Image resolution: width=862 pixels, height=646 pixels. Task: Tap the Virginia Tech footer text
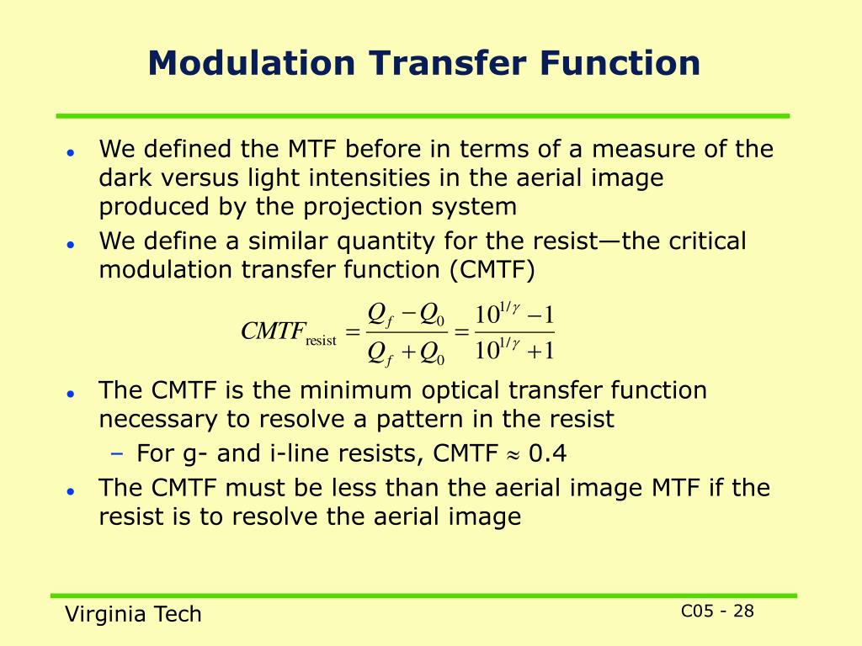(134, 614)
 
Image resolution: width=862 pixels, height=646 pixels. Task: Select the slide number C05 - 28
(717, 611)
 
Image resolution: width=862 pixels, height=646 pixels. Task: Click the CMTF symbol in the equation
(272, 332)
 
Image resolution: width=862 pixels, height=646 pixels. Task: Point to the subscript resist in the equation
(321, 341)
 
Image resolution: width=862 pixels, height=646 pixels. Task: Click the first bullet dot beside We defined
(72, 153)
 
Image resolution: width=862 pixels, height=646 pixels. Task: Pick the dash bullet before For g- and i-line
(117, 454)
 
